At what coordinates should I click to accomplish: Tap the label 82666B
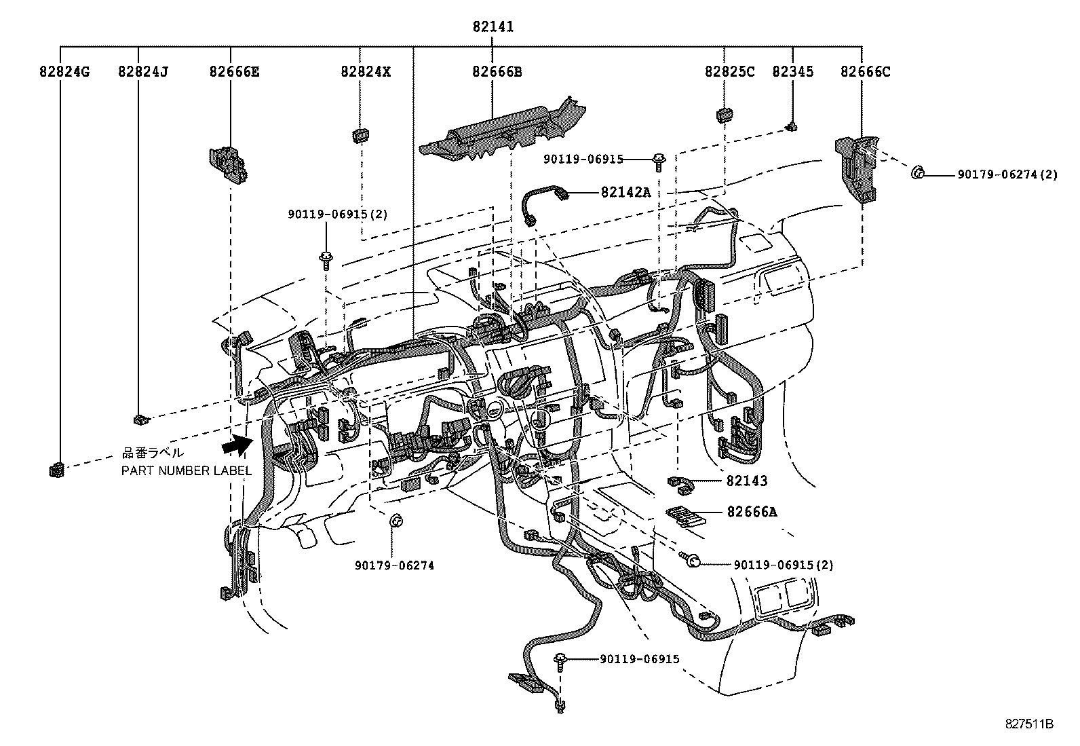point(497,71)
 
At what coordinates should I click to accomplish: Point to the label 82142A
point(625,192)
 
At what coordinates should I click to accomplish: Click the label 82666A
point(752,512)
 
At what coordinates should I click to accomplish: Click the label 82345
point(792,71)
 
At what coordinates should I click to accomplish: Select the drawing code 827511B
point(1028,724)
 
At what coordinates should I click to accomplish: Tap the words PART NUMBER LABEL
point(186,470)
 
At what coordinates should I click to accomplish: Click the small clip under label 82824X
point(360,135)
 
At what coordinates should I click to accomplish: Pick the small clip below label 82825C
point(725,114)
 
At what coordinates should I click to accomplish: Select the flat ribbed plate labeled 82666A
point(684,517)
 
